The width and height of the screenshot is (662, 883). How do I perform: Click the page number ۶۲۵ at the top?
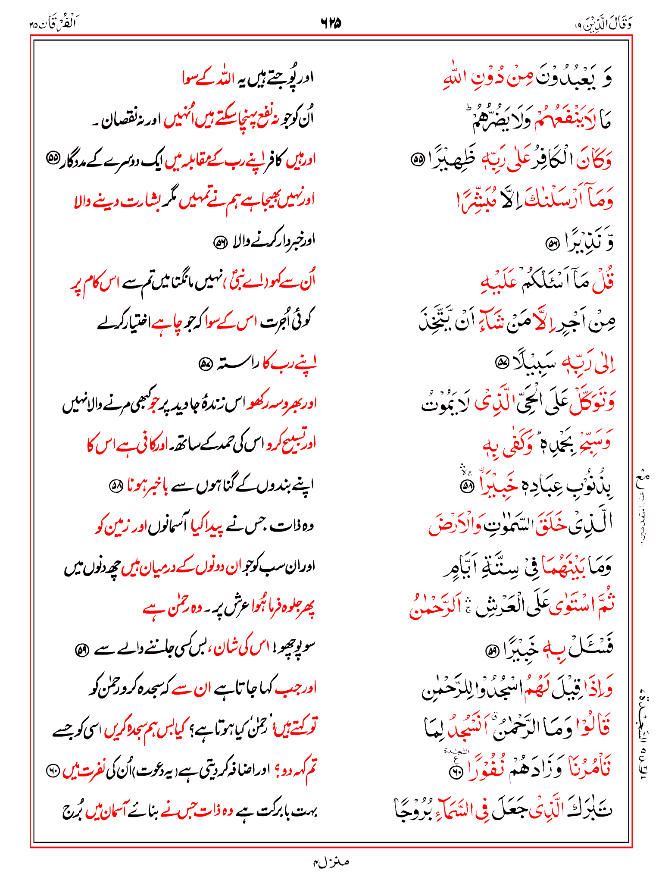point(331,23)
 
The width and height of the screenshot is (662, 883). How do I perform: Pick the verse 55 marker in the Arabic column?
point(417,160)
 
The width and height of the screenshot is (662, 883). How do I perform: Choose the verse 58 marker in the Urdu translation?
point(115,486)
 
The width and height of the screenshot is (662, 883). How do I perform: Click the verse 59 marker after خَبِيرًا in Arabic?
point(491,651)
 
